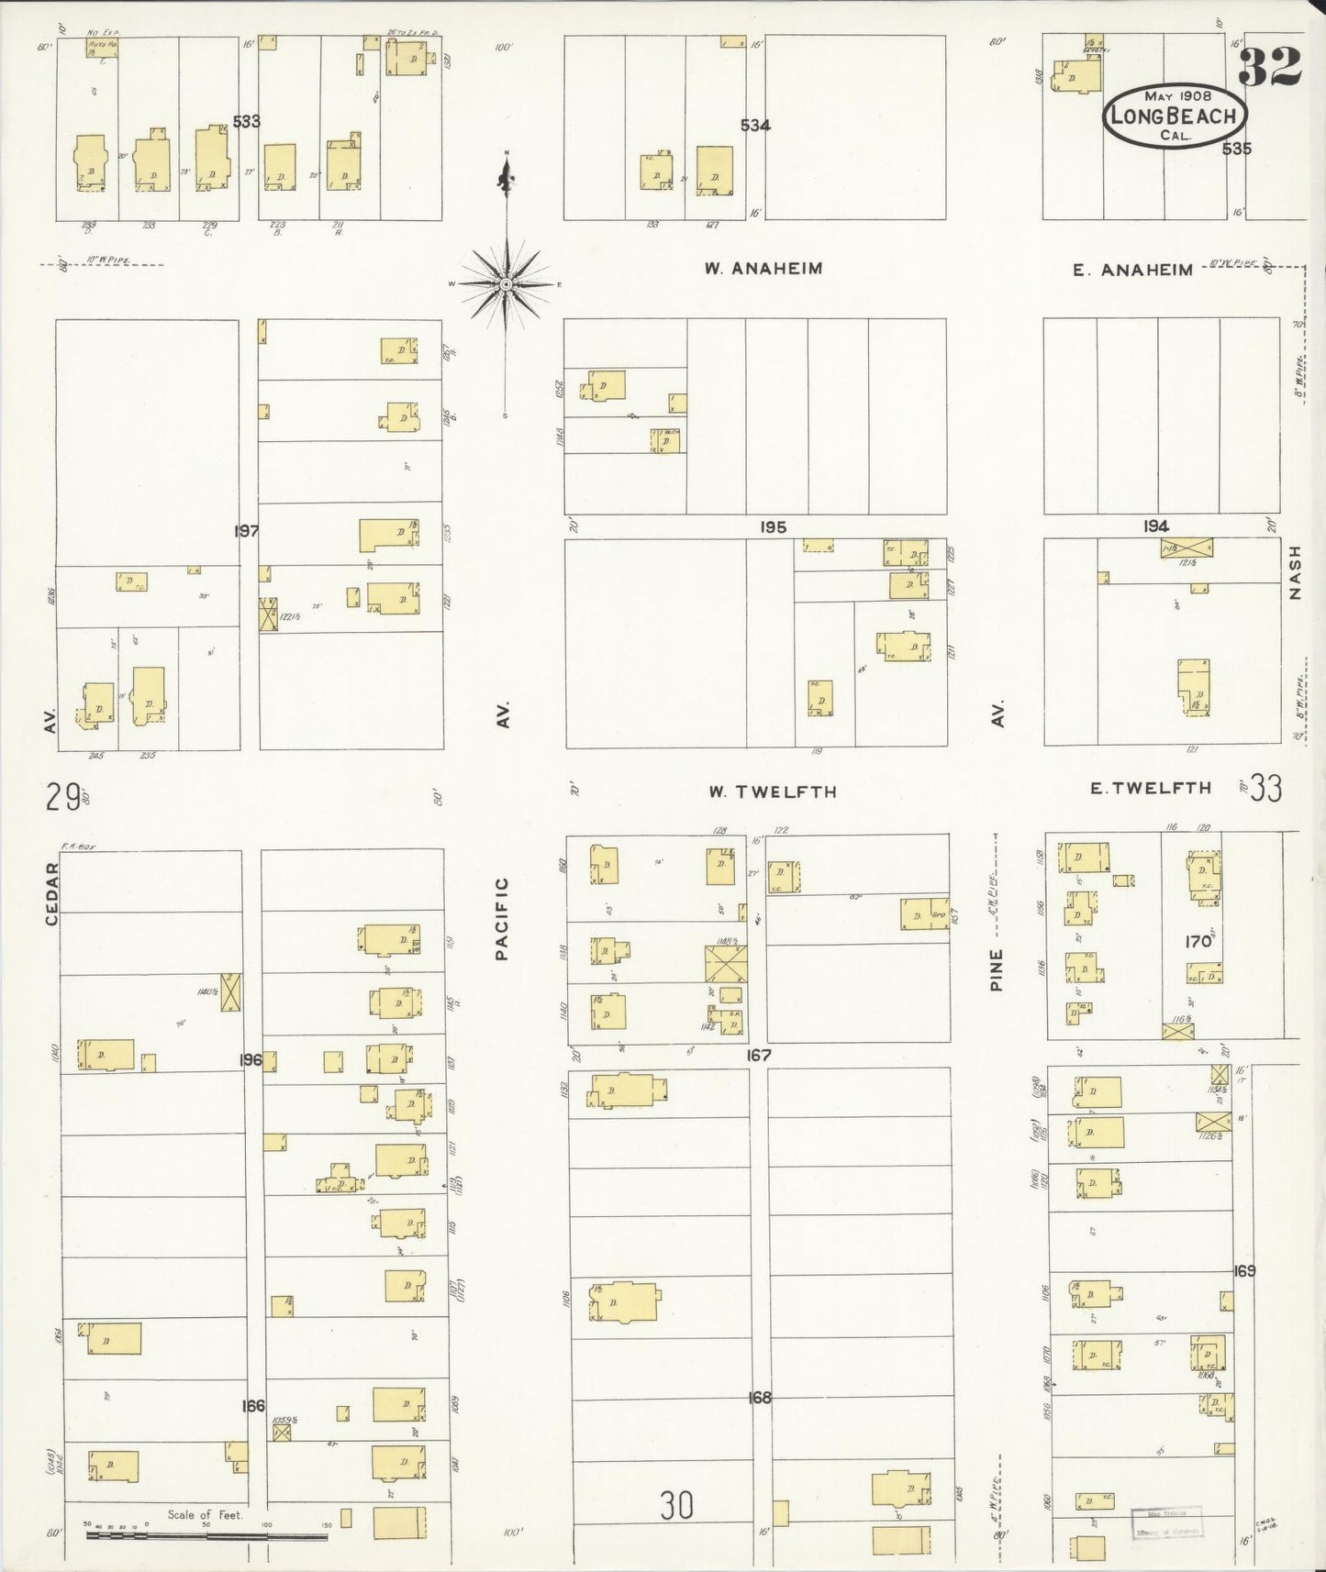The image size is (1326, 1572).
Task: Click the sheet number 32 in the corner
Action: point(1271,64)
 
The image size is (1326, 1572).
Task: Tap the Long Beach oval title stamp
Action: point(1176,116)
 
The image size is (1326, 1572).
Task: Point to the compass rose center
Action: point(506,283)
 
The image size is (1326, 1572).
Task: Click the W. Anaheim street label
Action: point(763,269)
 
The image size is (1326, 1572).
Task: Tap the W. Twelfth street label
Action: point(772,792)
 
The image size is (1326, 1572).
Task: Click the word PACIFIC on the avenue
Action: point(501,918)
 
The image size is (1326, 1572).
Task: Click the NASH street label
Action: point(1295,573)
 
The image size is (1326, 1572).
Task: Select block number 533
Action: point(246,121)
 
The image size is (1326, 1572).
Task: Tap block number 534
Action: point(755,126)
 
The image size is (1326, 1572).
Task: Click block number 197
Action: point(246,531)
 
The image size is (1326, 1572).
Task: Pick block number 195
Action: point(773,528)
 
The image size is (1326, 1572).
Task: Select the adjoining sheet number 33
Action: point(1265,789)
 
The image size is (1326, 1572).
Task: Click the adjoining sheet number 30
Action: point(676,1505)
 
